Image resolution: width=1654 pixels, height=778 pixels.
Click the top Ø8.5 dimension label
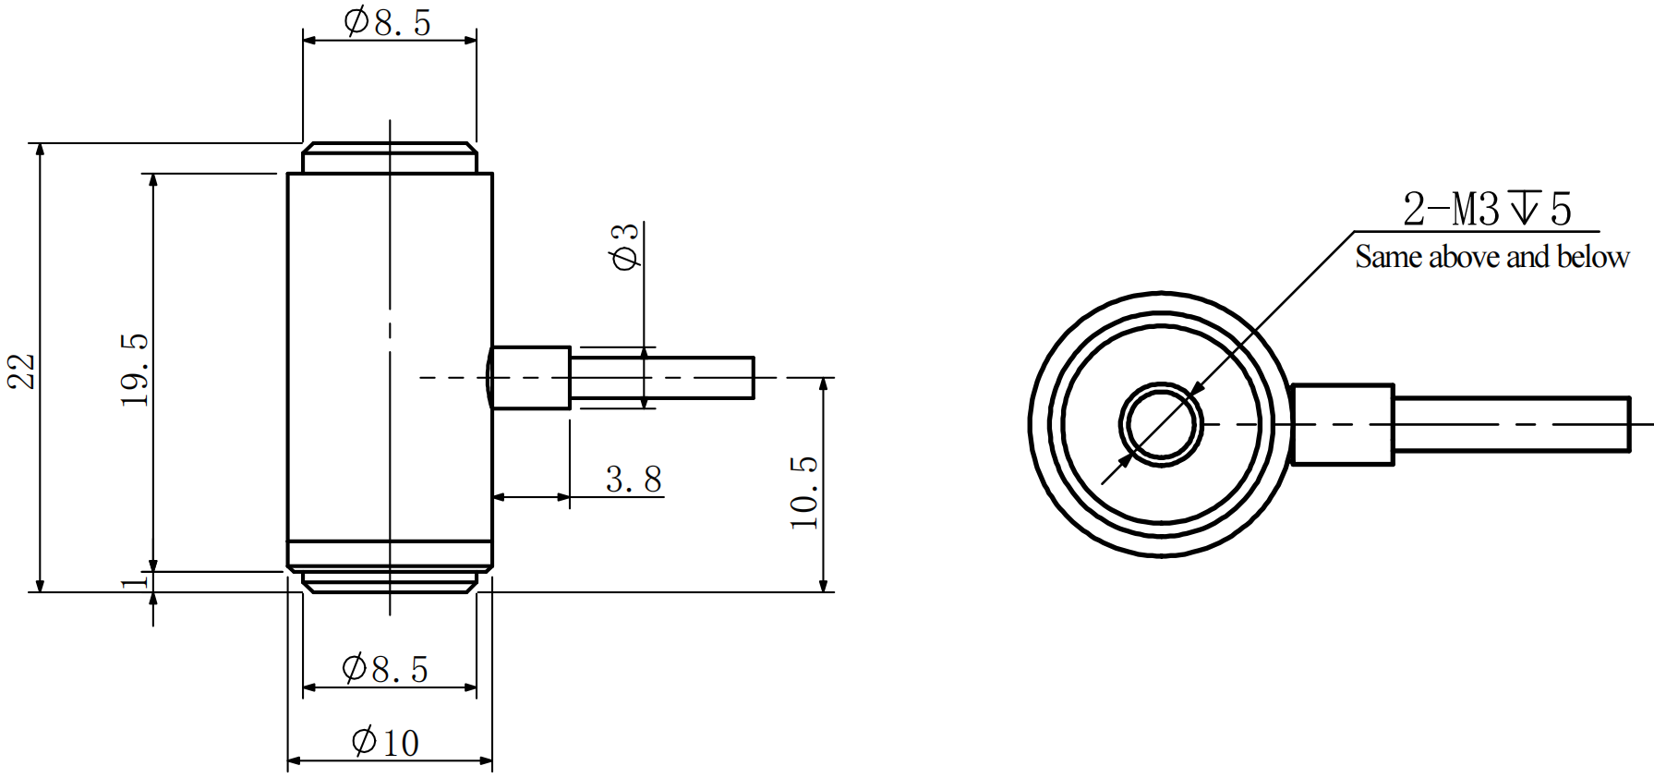388,22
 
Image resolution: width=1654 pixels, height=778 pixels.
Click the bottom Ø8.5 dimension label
386,668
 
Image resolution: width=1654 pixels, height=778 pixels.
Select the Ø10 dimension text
386,742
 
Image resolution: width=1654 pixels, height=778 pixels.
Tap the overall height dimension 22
21,371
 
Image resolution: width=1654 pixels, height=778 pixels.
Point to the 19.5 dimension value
135,370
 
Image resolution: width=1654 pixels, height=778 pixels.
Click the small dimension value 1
135,581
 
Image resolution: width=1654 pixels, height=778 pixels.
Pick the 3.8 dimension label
634,480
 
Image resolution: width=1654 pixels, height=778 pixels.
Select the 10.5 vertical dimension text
804,492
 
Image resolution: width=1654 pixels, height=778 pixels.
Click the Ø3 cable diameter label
625,246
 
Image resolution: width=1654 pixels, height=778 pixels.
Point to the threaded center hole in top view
1161,425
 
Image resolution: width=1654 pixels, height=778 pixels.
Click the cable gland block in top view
1342,425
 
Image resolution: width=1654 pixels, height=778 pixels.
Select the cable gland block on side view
530,377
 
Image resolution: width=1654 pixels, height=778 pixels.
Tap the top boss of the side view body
390,158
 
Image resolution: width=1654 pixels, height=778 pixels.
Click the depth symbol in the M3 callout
1524,208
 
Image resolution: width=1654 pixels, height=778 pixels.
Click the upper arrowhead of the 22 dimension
40,151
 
